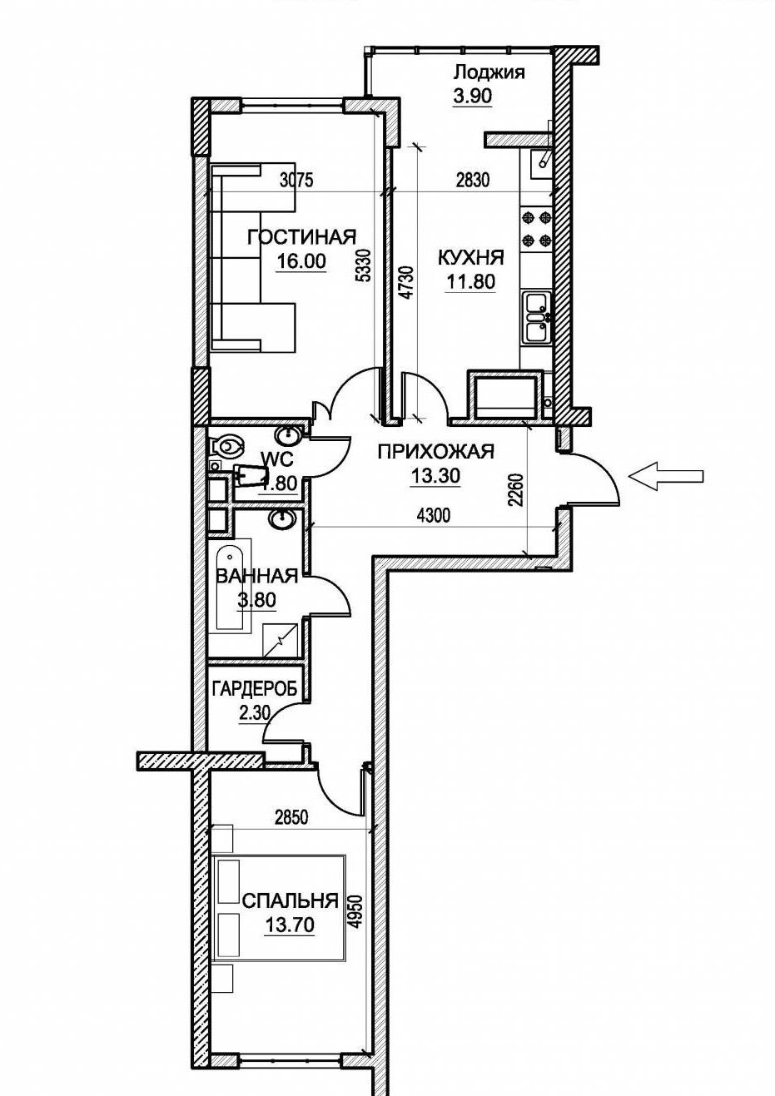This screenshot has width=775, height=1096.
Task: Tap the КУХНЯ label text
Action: click(470, 257)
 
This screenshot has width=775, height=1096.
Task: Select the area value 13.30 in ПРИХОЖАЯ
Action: click(435, 475)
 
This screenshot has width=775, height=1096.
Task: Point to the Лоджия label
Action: click(489, 72)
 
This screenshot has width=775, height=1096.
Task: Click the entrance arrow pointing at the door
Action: click(666, 475)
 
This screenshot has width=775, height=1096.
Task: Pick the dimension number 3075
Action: click(296, 181)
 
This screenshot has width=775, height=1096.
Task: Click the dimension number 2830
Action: click(473, 181)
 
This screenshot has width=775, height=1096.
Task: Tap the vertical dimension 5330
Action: click(365, 265)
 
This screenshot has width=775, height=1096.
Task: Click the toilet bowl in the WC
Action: click(226, 445)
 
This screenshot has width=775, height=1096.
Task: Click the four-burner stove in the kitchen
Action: click(537, 228)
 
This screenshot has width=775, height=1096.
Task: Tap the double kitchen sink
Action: click(537, 318)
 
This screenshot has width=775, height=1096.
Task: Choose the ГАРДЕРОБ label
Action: click(255, 689)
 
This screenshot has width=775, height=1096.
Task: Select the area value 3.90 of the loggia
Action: click(473, 96)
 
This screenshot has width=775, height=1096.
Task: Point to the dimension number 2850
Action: click(292, 817)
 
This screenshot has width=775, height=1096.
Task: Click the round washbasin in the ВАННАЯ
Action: click(284, 519)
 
